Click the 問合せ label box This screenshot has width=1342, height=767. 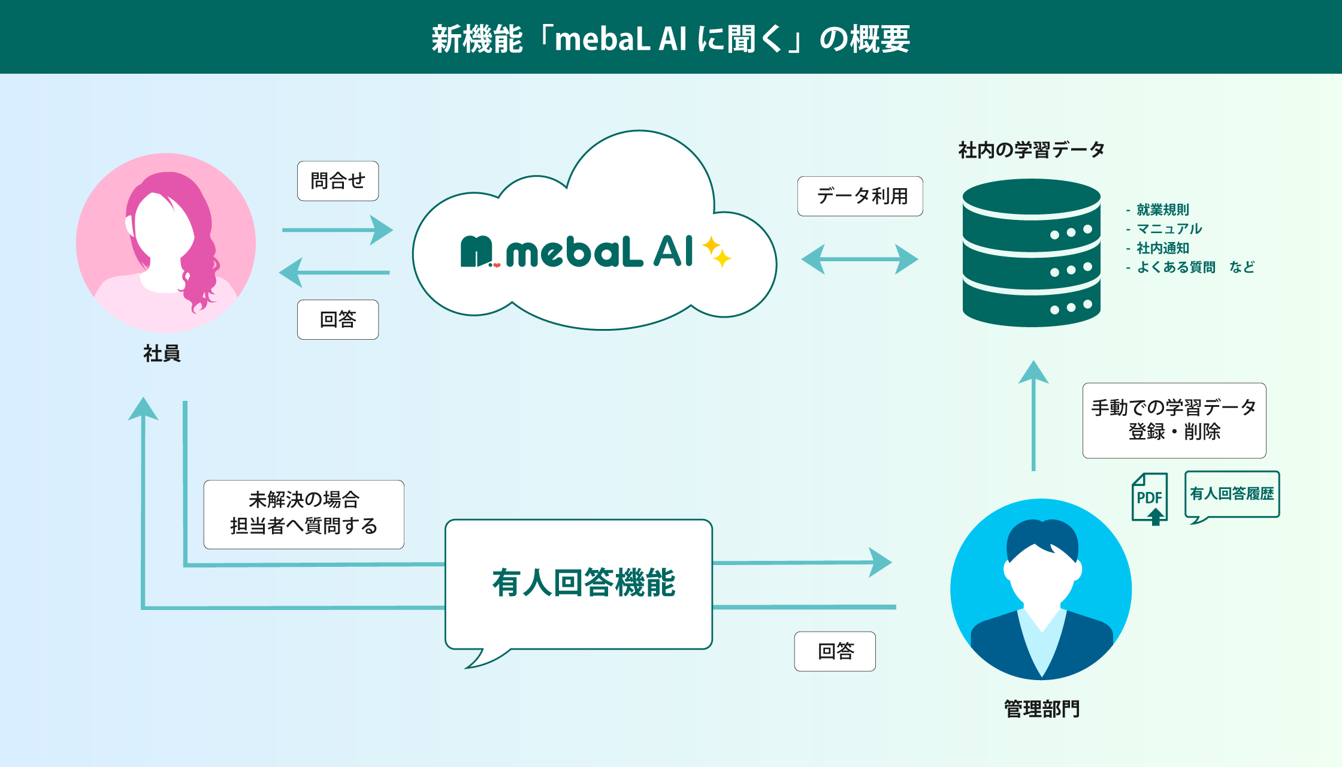pos(338,181)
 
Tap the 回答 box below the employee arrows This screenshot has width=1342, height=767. pos(338,319)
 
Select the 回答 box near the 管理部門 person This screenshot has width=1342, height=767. pos(835,651)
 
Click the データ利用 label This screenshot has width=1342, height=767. pos(860,196)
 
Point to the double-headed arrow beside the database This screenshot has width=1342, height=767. pos(860,259)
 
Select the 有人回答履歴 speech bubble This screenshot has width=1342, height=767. pos(1232,494)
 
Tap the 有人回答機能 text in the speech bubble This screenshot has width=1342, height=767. pos(584,582)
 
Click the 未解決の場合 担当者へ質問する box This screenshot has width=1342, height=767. pos(304,514)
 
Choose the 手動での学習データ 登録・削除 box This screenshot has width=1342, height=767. pos(1174,420)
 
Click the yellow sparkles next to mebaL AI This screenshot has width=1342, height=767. pos(717,252)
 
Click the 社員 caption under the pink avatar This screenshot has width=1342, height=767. pos(162,354)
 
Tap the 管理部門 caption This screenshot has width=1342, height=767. pos(1041,709)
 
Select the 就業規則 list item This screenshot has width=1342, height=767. pos(1162,210)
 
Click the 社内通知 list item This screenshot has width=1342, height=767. pos(1162,248)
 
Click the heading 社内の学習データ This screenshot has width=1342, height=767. pos(1031,150)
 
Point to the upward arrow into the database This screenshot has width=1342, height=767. pos(1033,413)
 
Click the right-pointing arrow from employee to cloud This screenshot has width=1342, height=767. pos(337,230)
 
